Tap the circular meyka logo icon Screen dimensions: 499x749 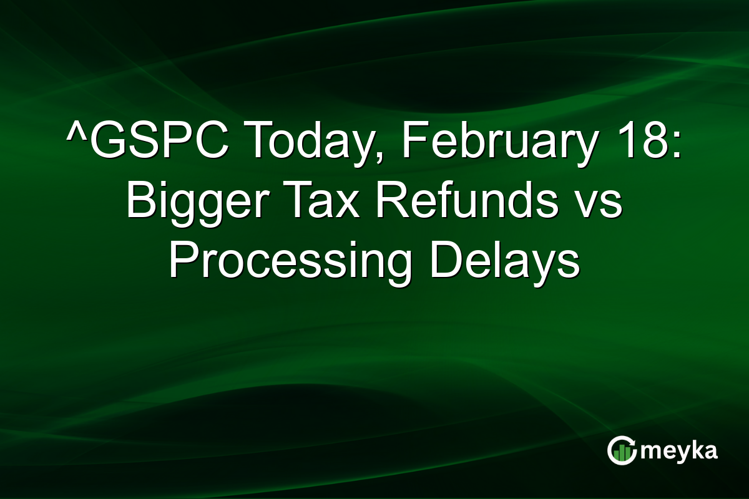tap(621, 450)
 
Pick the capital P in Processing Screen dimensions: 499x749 tap(182, 263)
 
